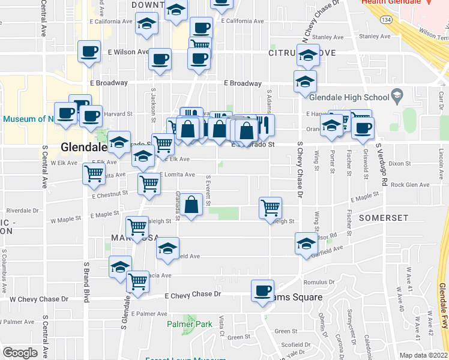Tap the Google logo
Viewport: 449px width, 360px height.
20,353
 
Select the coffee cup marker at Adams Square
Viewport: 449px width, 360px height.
262,291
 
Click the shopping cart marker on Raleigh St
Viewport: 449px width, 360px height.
271,207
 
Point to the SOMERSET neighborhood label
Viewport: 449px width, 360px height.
384,218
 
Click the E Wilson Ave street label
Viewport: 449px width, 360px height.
128,52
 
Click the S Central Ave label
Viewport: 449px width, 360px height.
44,166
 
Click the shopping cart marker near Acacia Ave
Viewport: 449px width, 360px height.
138,280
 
